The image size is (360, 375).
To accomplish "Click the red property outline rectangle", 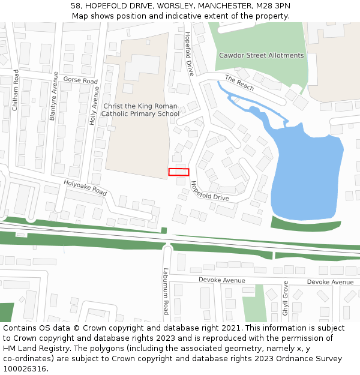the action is (179, 172).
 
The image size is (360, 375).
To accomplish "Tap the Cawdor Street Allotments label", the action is (261, 56).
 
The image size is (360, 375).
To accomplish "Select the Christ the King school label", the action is (140, 109).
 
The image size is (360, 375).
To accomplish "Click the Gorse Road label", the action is (80, 80).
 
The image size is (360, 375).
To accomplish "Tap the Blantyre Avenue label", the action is (53, 97).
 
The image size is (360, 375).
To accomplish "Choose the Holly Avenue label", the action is (94, 106).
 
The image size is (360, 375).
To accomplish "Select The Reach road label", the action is (239, 83).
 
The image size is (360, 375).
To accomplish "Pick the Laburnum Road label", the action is (166, 291).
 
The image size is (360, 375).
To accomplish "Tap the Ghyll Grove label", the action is (286, 298).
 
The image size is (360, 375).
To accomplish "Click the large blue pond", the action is (306, 174).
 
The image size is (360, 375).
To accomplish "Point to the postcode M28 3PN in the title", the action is (271, 6).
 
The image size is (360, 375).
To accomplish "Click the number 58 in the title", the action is (75, 6).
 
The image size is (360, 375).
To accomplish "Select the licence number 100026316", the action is (25, 368).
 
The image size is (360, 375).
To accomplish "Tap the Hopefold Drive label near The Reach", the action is (189, 53).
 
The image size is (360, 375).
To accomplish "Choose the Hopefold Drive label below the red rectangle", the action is (209, 191).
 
